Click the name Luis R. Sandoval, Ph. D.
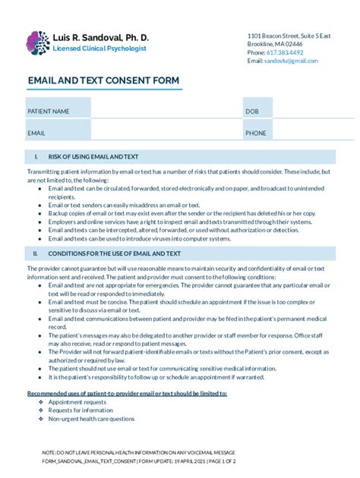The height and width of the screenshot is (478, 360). pos(101,37)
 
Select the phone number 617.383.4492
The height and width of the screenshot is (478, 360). pos(285,52)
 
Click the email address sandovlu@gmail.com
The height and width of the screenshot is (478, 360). pos(291,61)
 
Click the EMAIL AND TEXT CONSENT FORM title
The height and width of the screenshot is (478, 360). pos(103,80)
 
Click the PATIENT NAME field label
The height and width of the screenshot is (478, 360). pos(49,112)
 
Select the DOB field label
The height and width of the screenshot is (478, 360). pos(251,112)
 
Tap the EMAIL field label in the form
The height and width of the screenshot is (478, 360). pos(36,133)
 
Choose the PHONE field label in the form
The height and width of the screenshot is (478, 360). pos(255,133)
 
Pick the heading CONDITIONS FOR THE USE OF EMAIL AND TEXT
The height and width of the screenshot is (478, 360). pos(114,253)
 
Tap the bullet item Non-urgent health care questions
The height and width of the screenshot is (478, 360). pos(91,419)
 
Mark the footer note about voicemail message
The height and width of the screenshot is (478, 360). pos(140,452)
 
